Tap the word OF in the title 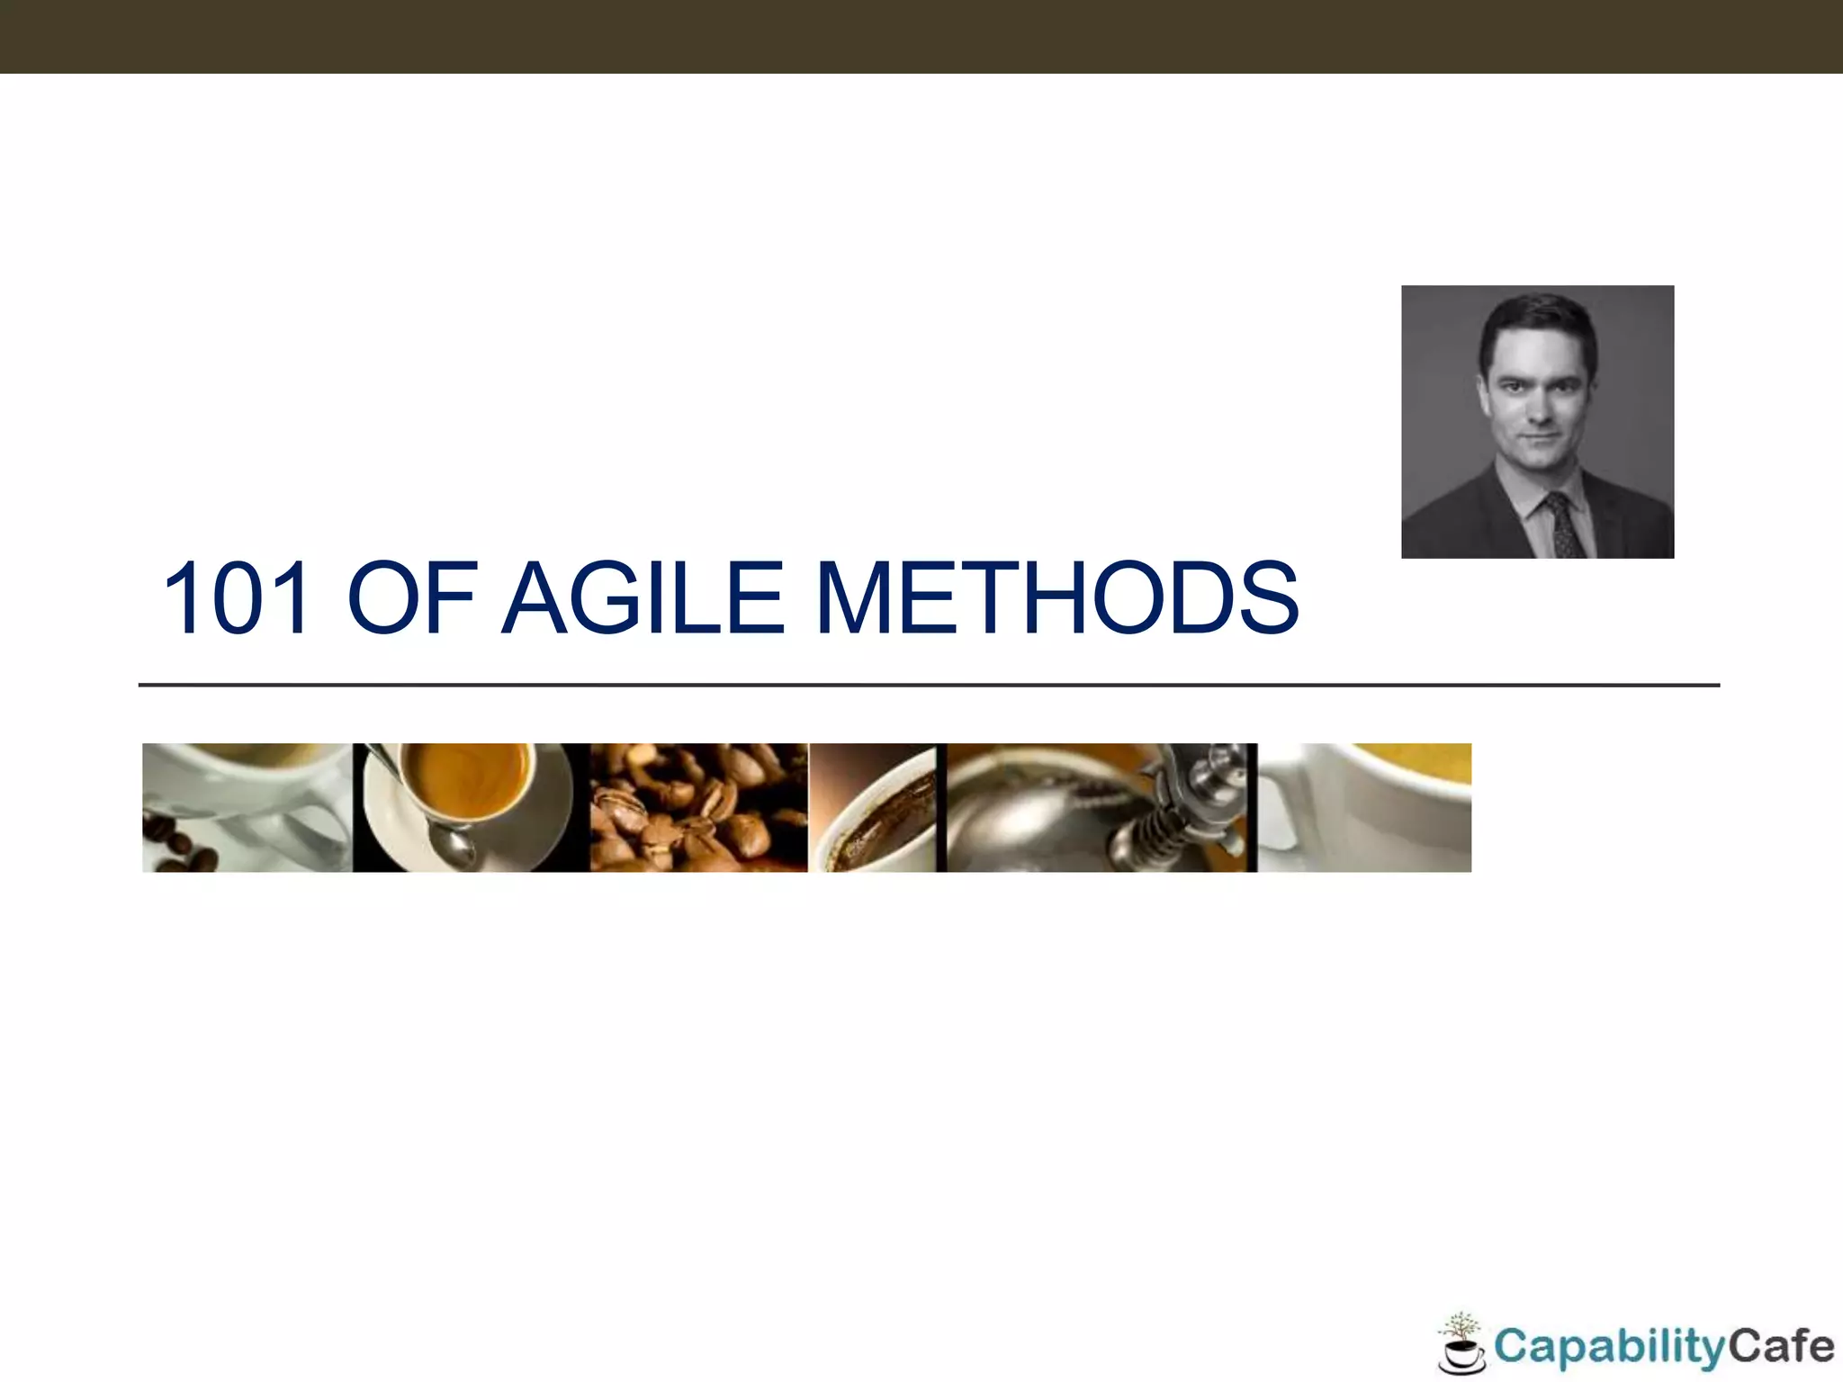411,598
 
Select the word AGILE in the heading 643,598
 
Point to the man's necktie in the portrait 1564,527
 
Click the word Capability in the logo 1608,1347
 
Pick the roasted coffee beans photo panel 698,807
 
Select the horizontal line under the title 927,686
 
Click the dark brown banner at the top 921,36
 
